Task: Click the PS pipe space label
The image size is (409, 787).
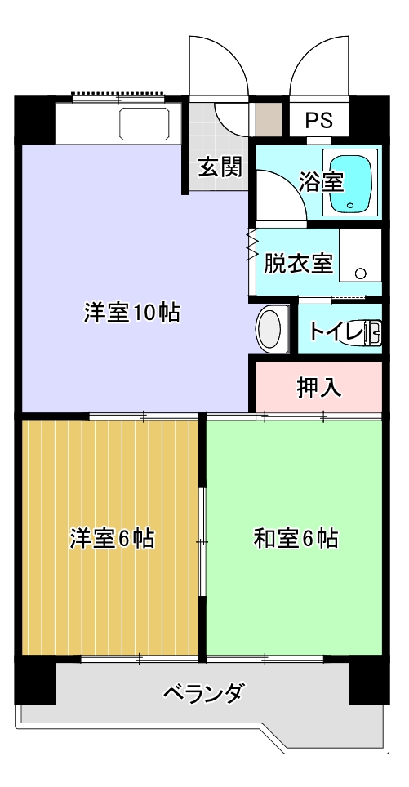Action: pyautogui.click(x=319, y=121)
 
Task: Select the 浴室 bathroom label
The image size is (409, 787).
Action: pyautogui.click(x=321, y=182)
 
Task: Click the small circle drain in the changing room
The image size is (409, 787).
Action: pyautogui.click(x=360, y=273)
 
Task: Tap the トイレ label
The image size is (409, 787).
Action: pyautogui.click(x=336, y=331)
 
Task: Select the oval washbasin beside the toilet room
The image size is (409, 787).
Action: pyautogui.click(x=269, y=329)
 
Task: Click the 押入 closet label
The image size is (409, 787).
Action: pyautogui.click(x=320, y=388)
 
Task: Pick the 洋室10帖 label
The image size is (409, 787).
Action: pyautogui.click(x=131, y=313)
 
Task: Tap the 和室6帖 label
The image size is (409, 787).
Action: pyautogui.click(x=296, y=539)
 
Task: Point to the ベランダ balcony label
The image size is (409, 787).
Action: pyautogui.click(x=204, y=693)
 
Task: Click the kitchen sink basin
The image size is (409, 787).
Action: pyautogui.click(x=144, y=123)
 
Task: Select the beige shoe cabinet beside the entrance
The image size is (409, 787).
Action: pyautogui.click(x=269, y=119)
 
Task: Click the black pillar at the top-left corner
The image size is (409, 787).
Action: pyautogui.click(x=34, y=119)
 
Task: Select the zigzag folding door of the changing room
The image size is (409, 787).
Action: pyautogui.click(x=252, y=245)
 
